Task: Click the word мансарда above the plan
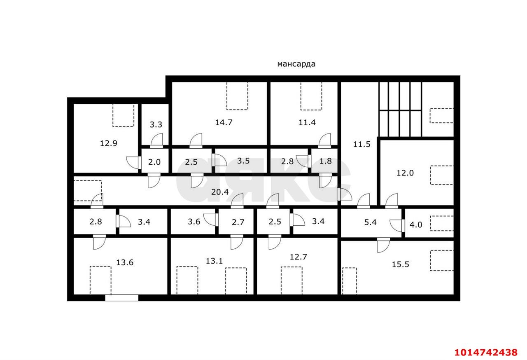tap(296, 64)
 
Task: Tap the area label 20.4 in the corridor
tap(220, 192)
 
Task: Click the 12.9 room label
tap(109, 143)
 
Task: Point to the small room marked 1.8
tap(325, 161)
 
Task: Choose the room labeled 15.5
tap(400, 264)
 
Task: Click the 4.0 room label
tap(416, 225)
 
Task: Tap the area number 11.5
tap(362, 144)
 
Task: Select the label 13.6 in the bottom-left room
tap(124, 262)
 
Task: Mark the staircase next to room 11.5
tap(400, 109)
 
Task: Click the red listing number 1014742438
tap(485, 353)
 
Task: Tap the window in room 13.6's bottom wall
tap(121, 297)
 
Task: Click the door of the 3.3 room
tap(156, 142)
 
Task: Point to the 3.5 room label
tap(243, 161)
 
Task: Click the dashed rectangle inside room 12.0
tap(442, 175)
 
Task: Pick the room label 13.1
tap(214, 260)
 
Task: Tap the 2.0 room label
tap(154, 162)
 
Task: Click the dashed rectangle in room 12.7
tap(291, 280)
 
